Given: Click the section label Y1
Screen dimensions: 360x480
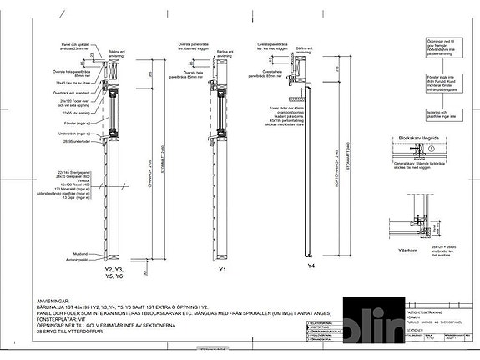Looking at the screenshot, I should (x=222, y=271).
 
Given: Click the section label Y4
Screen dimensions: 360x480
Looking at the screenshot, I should (x=311, y=266).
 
